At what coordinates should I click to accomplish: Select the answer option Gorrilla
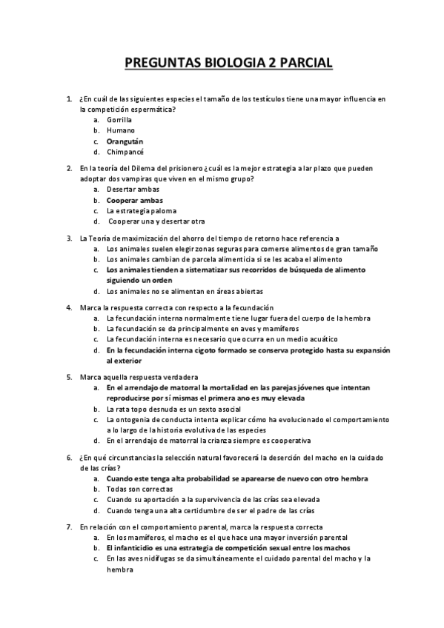pyautogui.click(x=119, y=119)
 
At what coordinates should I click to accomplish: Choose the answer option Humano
pyautogui.click(x=120, y=130)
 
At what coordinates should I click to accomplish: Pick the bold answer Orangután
pyautogui.click(x=125, y=141)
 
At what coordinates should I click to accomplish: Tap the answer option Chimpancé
pyautogui.click(x=125, y=151)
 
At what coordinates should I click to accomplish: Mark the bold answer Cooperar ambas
pyautogui.click(x=134, y=200)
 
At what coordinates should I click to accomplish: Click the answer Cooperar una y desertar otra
pyautogui.click(x=156, y=221)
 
